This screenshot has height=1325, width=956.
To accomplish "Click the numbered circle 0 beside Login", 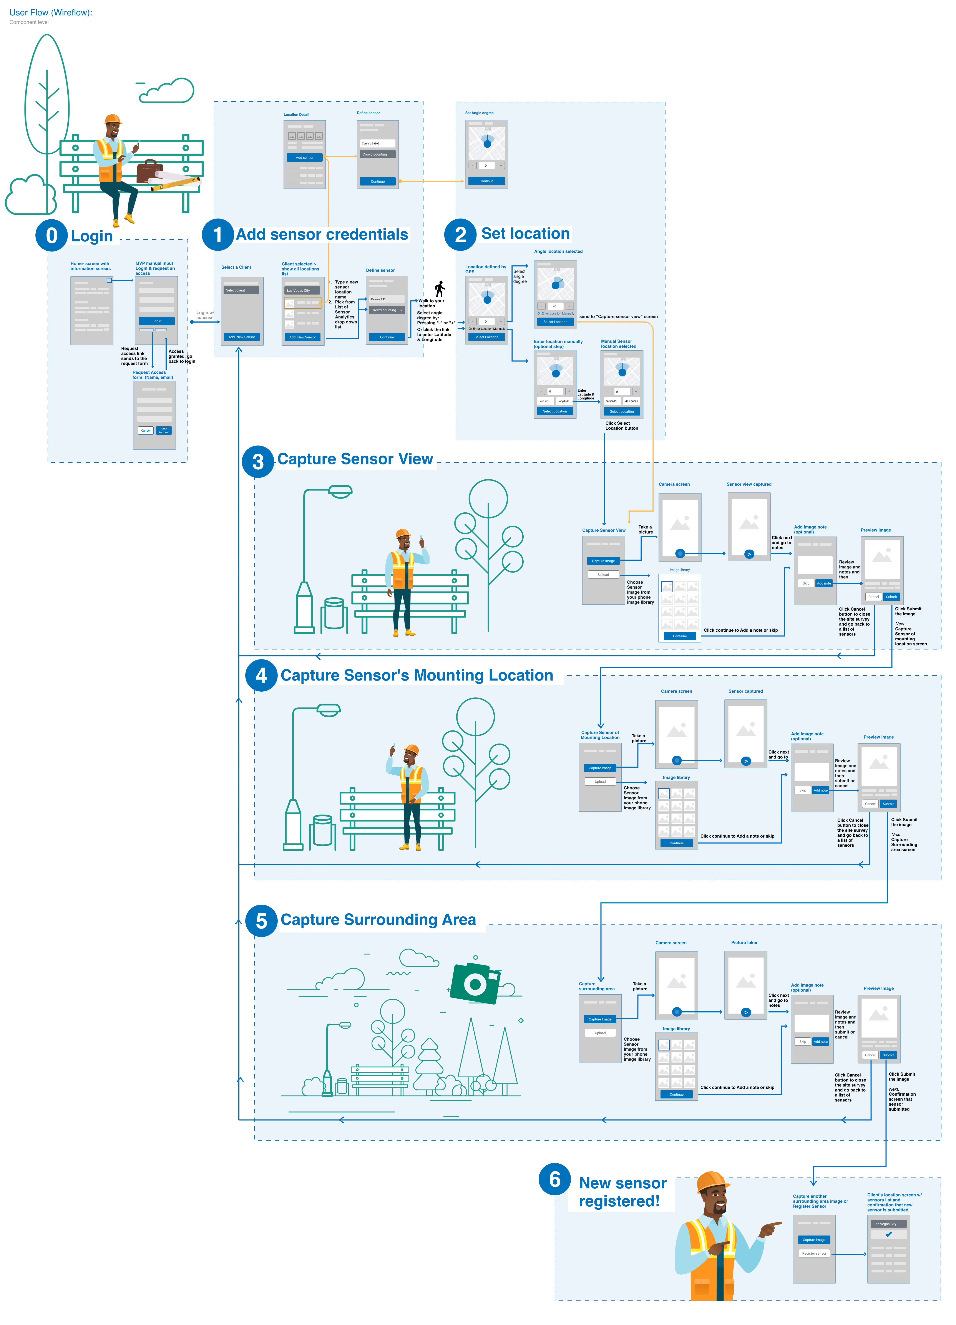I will pos(51,235).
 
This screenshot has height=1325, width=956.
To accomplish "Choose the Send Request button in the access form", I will pos(164,431).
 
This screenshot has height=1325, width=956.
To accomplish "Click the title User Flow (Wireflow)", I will pos(51,12).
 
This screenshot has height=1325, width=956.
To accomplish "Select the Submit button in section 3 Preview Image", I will pos(891,596).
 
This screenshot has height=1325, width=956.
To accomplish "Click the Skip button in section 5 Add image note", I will pos(802,1042).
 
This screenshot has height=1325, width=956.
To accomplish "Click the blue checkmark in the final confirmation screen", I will pos(888,1234).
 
